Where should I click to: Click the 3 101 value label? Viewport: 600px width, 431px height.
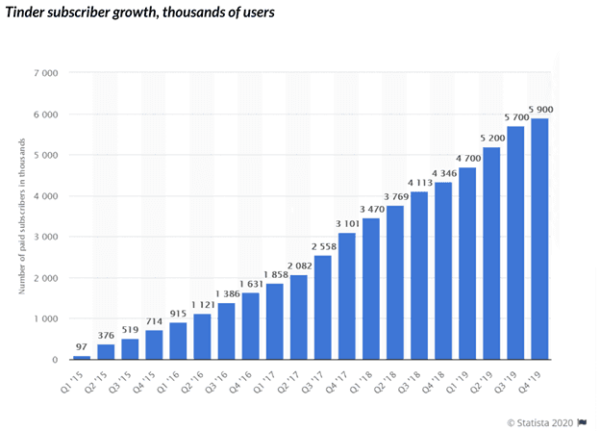click(347, 224)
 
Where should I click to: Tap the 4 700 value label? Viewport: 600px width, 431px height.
click(468, 159)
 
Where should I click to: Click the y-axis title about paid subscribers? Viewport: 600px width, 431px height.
click(21, 216)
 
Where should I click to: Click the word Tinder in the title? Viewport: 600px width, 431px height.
click(32, 14)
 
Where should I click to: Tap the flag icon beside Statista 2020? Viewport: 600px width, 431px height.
click(583, 419)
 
